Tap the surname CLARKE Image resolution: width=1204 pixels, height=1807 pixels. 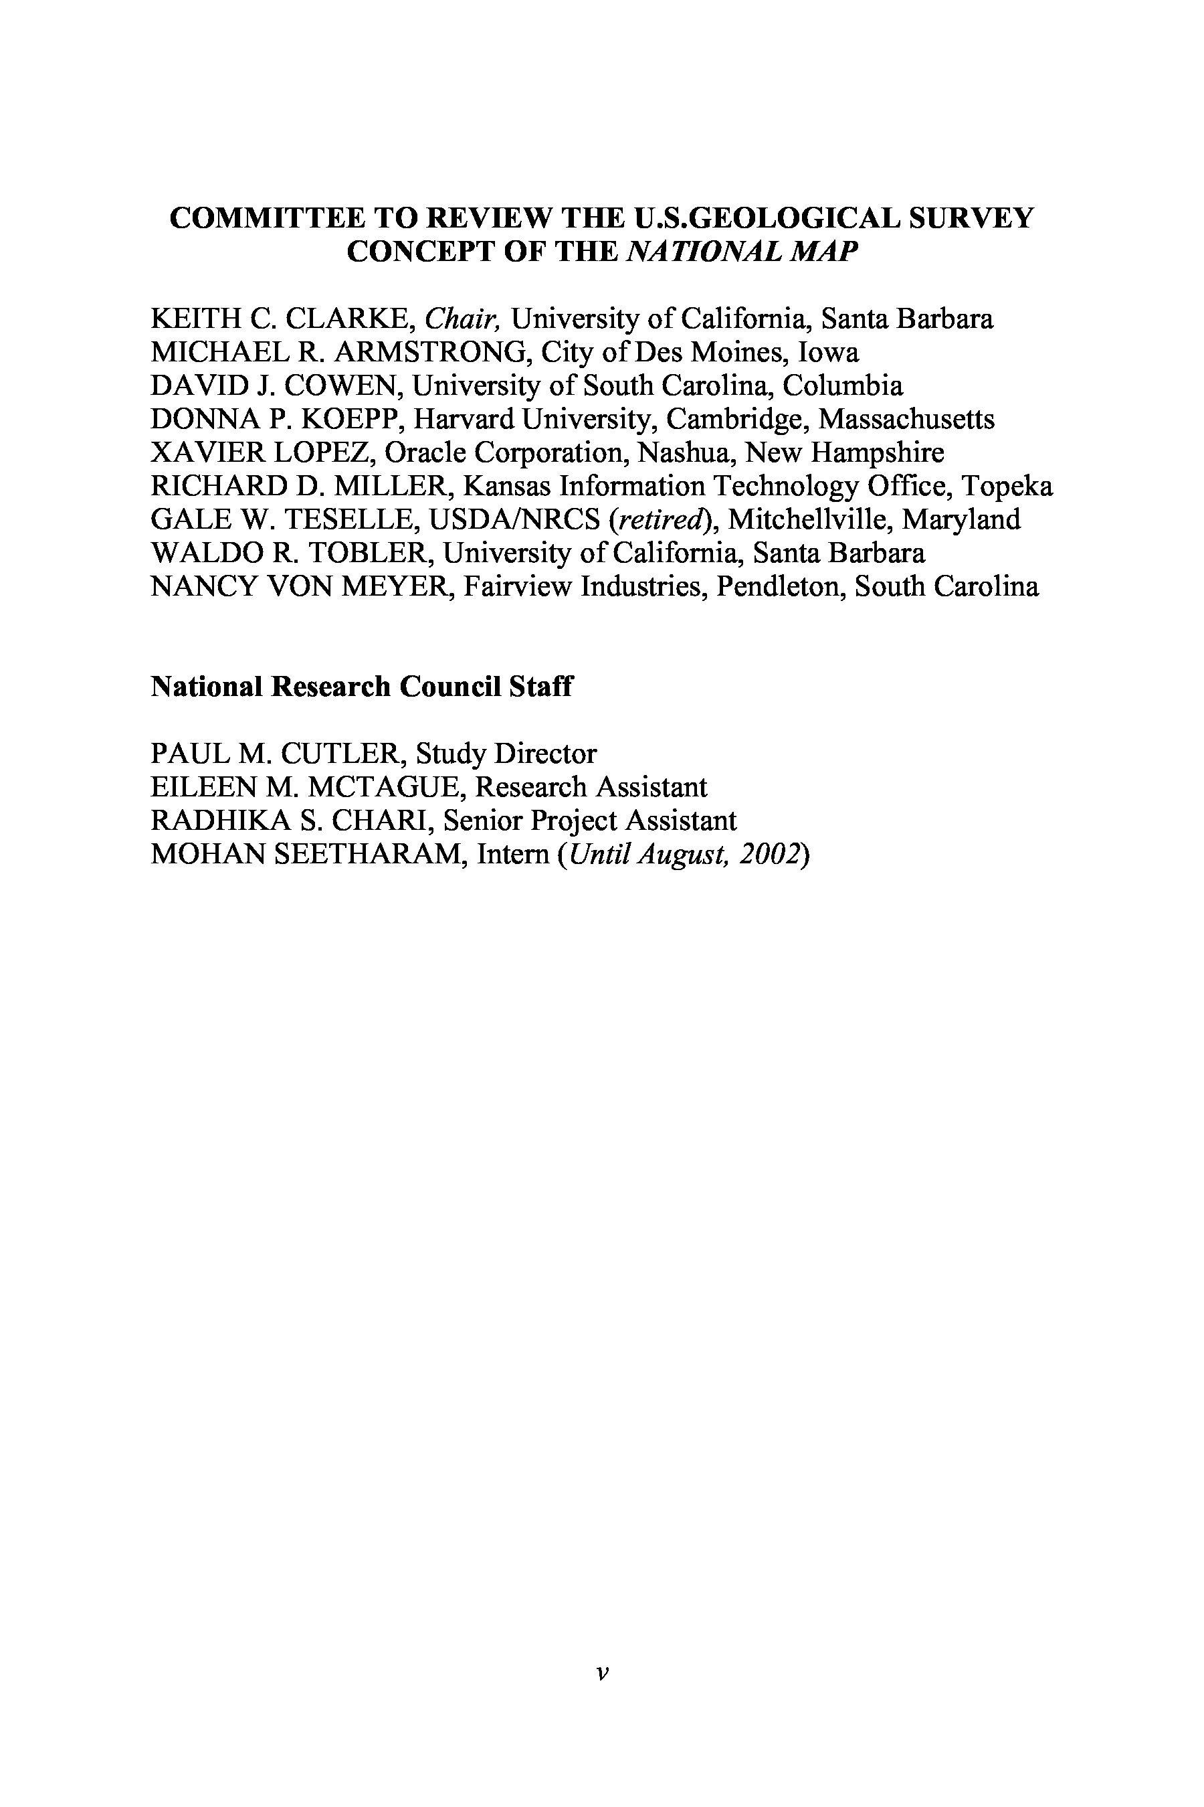(x=348, y=318)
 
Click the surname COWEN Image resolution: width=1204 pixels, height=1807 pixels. (x=343, y=385)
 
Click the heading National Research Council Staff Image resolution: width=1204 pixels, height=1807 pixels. (x=361, y=686)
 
